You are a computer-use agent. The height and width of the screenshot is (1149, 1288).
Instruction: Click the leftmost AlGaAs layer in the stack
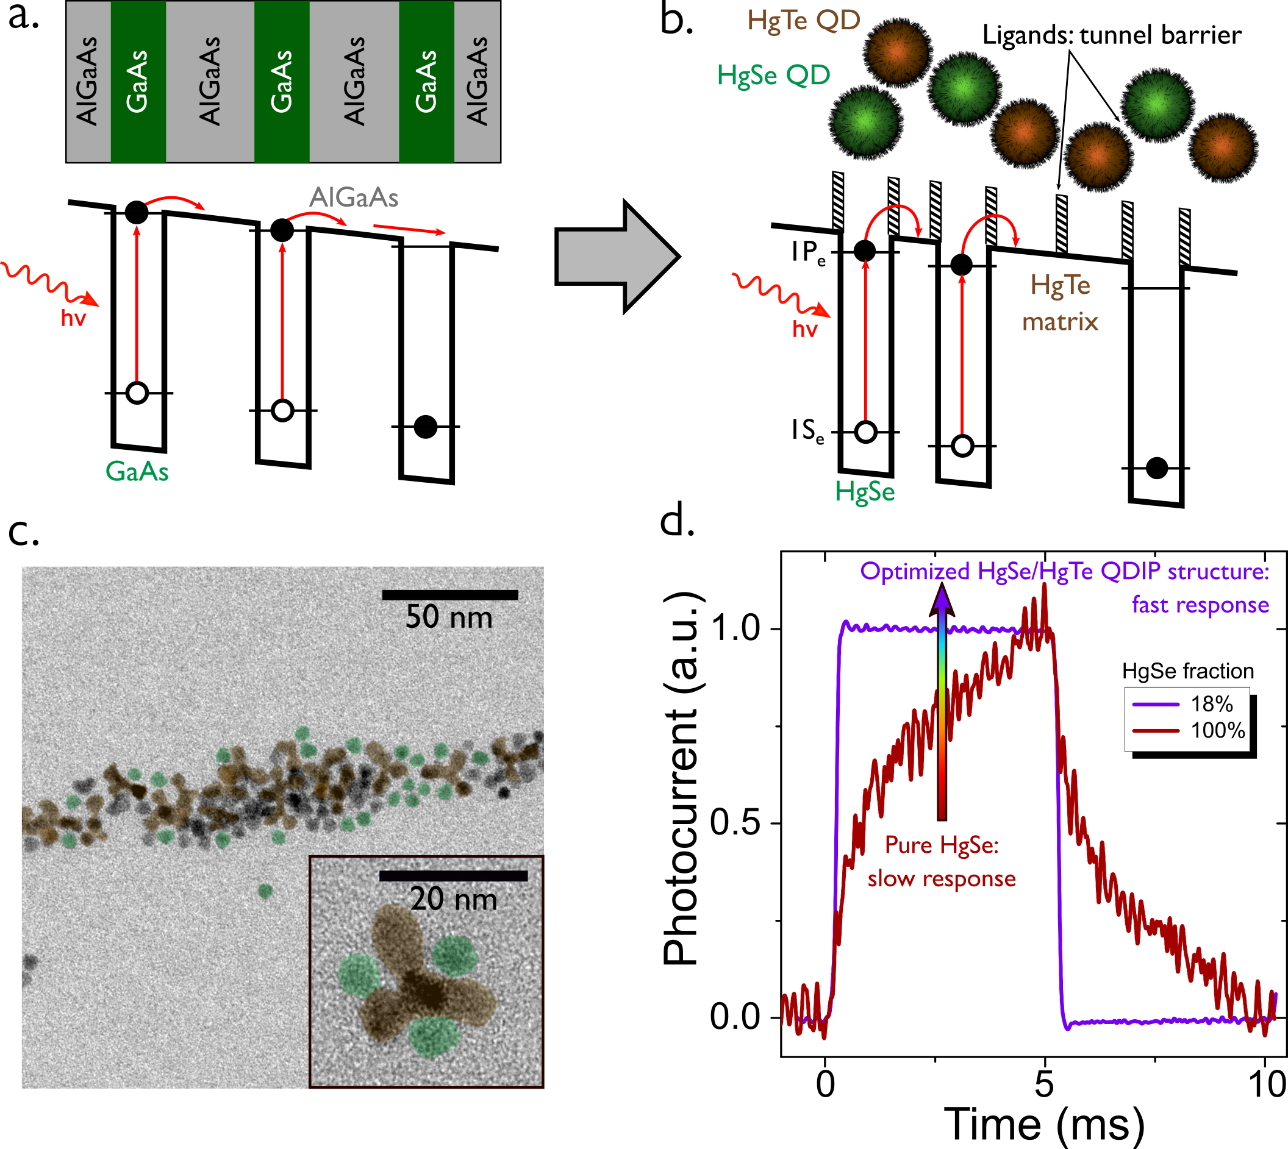tap(88, 82)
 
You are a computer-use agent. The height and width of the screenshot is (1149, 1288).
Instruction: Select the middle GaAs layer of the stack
tap(282, 82)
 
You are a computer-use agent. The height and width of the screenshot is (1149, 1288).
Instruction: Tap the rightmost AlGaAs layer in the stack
tap(477, 82)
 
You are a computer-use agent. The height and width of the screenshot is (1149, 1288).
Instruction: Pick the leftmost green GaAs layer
tap(138, 82)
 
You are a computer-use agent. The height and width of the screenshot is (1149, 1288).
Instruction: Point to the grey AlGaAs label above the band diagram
tap(354, 198)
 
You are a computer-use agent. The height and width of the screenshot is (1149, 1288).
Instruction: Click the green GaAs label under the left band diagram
tap(137, 472)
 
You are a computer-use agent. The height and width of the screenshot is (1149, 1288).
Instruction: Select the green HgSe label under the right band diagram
tap(865, 492)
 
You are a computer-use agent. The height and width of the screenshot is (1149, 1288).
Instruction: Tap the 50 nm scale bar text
tap(448, 617)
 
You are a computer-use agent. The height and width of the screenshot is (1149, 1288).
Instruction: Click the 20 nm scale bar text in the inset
tap(454, 899)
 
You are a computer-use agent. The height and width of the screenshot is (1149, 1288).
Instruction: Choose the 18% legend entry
tap(1187, 704)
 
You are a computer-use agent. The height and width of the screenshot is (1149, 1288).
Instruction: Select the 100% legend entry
tap(1187, 730)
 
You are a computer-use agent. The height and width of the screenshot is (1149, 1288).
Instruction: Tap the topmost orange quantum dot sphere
tap(897, 52)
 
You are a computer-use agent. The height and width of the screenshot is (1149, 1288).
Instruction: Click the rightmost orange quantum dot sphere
tap(1222, 146)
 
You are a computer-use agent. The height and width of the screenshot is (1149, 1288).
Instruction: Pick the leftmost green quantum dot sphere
tap(865, 121)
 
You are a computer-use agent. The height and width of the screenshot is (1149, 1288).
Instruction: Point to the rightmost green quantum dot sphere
tap(1157, 105)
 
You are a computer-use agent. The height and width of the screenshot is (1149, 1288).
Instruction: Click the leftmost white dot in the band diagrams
tap(137, 393)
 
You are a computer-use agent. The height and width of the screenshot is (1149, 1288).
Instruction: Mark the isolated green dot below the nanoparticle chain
tap(265, 891)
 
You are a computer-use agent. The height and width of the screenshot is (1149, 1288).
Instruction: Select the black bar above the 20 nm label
tap(453, 876)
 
